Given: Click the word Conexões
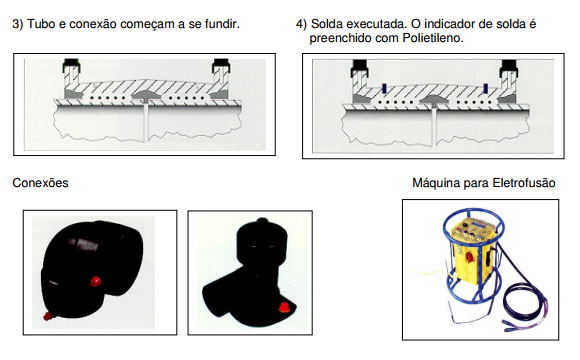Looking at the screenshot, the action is click(x=40, y=183).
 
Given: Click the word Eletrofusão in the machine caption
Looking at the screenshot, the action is click(x=523, y=183).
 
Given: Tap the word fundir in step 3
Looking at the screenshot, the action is click(x=222, y=24).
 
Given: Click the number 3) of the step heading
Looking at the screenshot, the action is click(x=18, y=24).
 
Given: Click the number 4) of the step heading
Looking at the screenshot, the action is click(x=301, y=24).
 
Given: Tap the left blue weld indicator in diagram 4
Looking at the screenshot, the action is click(x=384, y=88).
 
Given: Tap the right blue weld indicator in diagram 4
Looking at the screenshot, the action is click(x=485, y=88).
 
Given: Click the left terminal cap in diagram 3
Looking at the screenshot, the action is click(x=72, y=65).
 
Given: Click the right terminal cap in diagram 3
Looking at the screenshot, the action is click(x=221, y=65).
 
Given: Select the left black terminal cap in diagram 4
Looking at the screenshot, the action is click(x=360, y=67).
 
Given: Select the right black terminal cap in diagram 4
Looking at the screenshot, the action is click(x=509, y=67).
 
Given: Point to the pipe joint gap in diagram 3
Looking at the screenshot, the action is click(x=146, y=121).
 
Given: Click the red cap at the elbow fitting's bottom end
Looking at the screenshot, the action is click(x=47, y=316).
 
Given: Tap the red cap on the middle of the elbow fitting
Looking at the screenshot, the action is click(x=96, y=282).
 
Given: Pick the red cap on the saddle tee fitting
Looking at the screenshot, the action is click(x=284, y=307).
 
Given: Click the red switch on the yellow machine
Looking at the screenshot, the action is click(x=469, y=256).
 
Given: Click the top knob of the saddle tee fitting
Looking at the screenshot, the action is click(x=262, y=222).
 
